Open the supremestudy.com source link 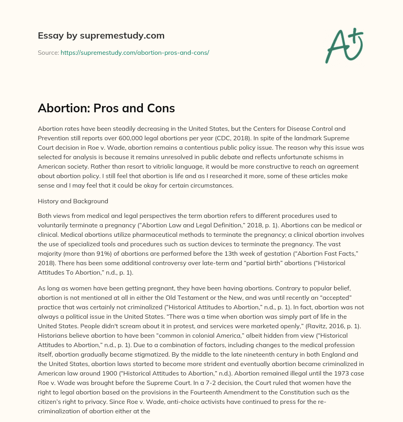[x=135, y=52]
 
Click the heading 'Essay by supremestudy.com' [x=101, y=36]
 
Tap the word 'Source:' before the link [x=48, y=52]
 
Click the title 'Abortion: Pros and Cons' [x=106, y=108]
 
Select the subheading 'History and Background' [x=73, y=201]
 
